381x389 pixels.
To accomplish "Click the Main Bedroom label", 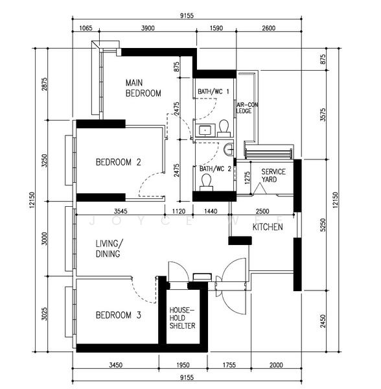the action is [x=143, y=88].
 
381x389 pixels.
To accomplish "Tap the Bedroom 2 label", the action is [x=118, y=162].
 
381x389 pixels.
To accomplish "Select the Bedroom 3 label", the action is [x=118, y=315].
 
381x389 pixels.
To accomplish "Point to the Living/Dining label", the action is [x=109, y=248].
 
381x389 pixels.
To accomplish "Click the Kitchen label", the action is [x=268, y=227].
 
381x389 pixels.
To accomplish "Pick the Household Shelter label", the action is [x=182, y=318].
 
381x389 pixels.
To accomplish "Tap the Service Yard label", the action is [x=273, y=176].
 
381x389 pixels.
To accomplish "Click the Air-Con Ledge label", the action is [x=247, y=108].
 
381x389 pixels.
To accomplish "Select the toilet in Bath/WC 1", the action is [x=224, y=128].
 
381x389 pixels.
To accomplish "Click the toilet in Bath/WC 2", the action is [x=206, y=182].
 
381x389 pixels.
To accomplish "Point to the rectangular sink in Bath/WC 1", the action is [x=205, y=130].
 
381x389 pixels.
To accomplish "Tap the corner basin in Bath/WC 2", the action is [x=229, y=149].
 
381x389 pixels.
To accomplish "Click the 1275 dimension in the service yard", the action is [x=247, y=178].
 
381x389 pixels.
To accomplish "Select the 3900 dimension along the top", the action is [x=148, y=28].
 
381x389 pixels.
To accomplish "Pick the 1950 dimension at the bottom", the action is [x=183, y=365].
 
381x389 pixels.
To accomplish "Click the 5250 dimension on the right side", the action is [x=323, y=225].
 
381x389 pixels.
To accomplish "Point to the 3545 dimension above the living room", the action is [x=121, y=211].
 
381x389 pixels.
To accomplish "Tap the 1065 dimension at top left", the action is [x=86, y=28].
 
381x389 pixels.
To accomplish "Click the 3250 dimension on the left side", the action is [x=44, y=161].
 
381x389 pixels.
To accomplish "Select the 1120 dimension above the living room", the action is [x=179, y=211].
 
